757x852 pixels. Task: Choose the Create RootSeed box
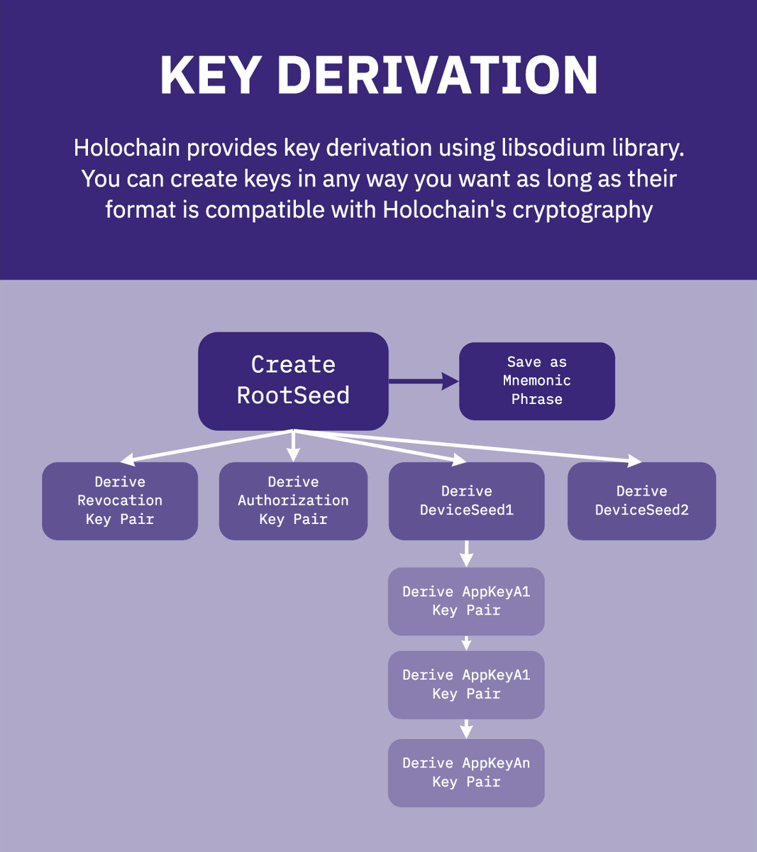coord(293,381)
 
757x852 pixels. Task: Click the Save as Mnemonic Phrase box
coord(537,381)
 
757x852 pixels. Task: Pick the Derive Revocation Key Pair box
coord(120,501)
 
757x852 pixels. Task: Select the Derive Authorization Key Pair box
coord(293,501)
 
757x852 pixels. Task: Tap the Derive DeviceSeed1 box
coord(466,501)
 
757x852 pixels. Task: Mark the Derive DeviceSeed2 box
coord(641,501)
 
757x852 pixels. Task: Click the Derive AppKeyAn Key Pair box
coord(466,772)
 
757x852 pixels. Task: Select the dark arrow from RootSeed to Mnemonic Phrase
coord(423,381)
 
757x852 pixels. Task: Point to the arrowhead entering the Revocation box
coord(128,459)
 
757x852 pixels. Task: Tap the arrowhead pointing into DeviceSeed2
coord(633,461)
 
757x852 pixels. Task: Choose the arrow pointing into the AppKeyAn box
coord(466,729)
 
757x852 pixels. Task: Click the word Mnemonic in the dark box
coord(537,381)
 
